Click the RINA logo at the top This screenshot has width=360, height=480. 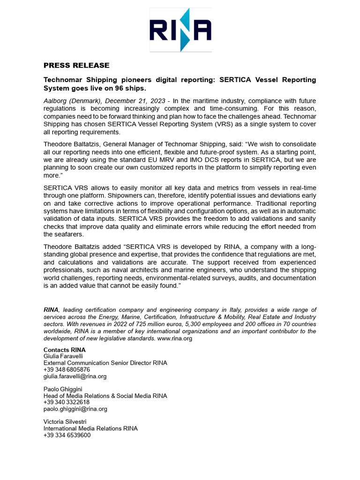180,30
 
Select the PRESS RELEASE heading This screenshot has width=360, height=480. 76,65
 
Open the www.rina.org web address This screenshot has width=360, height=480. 174,338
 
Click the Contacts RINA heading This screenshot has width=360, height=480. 65,350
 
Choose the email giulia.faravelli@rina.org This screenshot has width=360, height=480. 75,376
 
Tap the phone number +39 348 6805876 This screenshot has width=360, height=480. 67,369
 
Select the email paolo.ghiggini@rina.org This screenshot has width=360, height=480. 75,409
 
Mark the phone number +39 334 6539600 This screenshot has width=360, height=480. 67,435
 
